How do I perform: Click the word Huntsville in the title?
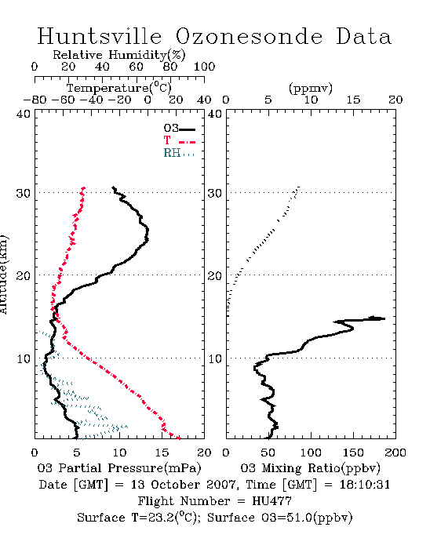tap(100, 36)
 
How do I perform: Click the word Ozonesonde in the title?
tap(249, 36)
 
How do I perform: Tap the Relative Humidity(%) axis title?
tap(119, 55)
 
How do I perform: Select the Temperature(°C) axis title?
tap(119, 88)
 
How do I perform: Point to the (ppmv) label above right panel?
tap(311, 88)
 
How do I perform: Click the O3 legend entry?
tap(179, 128)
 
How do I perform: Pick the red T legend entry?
tap(179, 140)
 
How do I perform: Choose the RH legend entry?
tap(179, 153)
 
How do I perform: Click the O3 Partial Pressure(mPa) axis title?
tap(119, 468)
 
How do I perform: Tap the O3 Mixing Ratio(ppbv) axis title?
tap(310, 468)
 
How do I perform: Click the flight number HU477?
tap(271, 501)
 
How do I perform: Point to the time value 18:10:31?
tap(365, 485)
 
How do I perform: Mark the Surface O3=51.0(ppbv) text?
tap(279, 518)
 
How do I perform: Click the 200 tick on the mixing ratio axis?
tap(395, 453)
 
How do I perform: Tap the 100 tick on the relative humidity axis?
tap(204, 67)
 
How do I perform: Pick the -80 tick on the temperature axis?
tap(35, 100)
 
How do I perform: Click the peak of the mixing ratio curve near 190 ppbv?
tap(384, 318)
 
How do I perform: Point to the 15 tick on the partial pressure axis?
tap(162, 453)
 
